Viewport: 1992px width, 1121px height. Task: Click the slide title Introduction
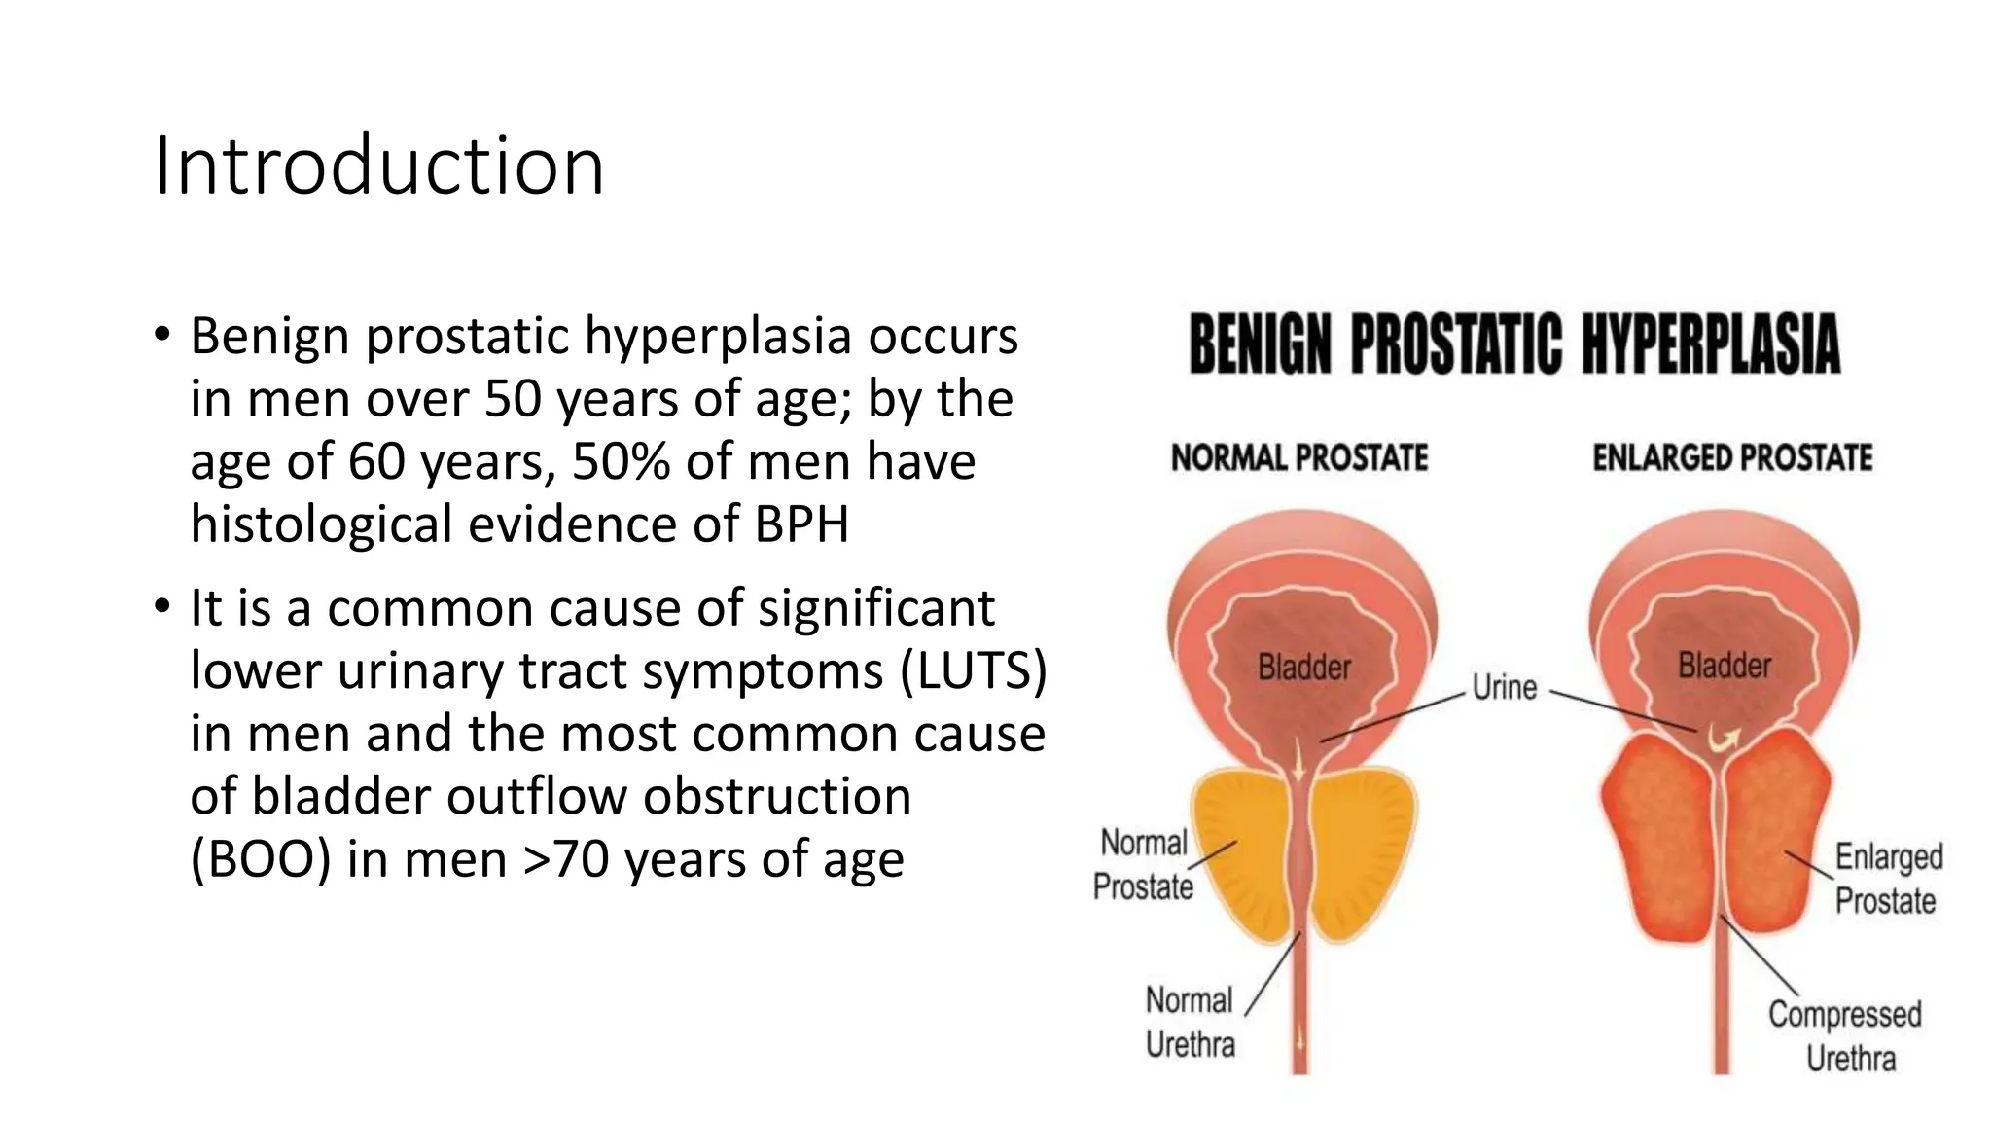tap(379, 166)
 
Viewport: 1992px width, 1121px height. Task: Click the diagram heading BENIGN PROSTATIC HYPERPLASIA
tap(1514, 344)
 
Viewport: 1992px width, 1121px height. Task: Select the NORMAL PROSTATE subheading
tap(1298, 457)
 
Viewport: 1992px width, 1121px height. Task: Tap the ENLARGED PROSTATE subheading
tap(1731, 457)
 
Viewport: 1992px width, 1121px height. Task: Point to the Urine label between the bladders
tap(1504, 687)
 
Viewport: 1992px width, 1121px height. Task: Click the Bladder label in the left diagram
tap(1303, 668)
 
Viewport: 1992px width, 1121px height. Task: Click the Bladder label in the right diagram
tap(1724, 666)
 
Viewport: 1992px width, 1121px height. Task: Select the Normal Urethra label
tap(1190, 1022)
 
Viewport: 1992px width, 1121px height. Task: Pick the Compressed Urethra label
tap(1845, 1035)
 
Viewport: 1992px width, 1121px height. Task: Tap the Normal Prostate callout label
tap(1143, 864)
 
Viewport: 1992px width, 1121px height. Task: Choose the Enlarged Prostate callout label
tap(1888, 878)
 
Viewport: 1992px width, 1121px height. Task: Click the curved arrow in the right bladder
tap(1724, 740)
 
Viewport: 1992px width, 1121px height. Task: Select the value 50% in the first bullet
tap(621, 461)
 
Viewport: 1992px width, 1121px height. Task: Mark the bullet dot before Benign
tap(162, 336)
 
